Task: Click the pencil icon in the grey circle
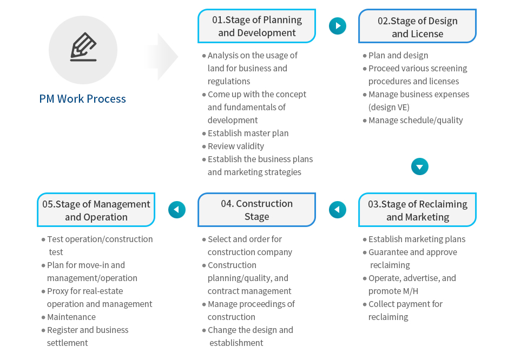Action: [x=83, y=47]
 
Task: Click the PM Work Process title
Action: [x=82, y=98]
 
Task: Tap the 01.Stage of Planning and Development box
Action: [x=256, y=26]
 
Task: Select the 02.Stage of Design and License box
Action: [x=417, y=26]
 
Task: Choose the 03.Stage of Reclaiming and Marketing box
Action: [x=417, y=210]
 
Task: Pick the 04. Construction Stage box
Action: [x=256, y=210]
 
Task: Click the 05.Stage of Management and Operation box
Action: [x=96, y=210]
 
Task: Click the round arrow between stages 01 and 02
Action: [x=338, y=26]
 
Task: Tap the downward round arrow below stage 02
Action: [x=420, y=166]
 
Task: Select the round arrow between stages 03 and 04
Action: [x=338, y=210]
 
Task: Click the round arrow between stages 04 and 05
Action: [x=177, y=210]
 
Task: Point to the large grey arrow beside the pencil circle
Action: [x=162, y=57]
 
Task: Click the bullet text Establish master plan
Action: [x=248, y=134]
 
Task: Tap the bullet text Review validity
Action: [x=236, y=146]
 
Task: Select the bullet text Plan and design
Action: [x=398, y=55]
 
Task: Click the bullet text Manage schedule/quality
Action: [x=416, y=120]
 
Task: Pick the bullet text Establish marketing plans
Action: [x=417, y=239]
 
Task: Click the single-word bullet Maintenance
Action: [x=71, y=317]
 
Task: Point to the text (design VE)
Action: [x=389, y=108]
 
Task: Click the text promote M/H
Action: [x=393, y=291]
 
